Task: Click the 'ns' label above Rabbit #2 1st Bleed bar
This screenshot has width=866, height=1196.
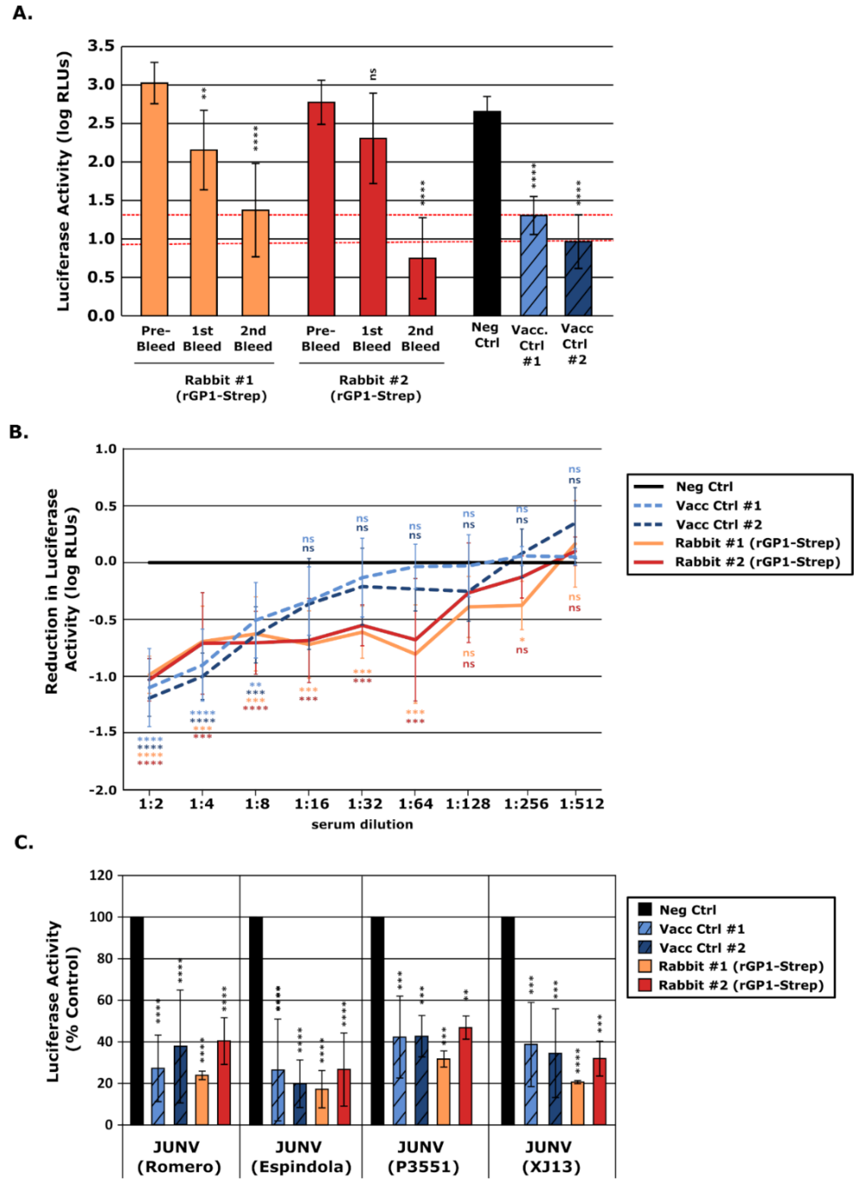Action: tap(373, 74)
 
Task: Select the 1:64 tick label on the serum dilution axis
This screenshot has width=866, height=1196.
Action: tap(415, 804)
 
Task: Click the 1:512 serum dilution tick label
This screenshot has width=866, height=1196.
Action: tap(581, 804)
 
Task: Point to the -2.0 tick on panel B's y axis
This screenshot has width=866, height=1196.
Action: tap(103, 790)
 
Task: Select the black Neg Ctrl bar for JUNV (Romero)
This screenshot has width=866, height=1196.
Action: tap(137, 1020)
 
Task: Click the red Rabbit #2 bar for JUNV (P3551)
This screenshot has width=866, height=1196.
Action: tap(465, 1076)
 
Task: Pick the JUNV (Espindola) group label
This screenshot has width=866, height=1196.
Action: tap(301, 1157)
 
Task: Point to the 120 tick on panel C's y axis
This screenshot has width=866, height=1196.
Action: tap(101, 875)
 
